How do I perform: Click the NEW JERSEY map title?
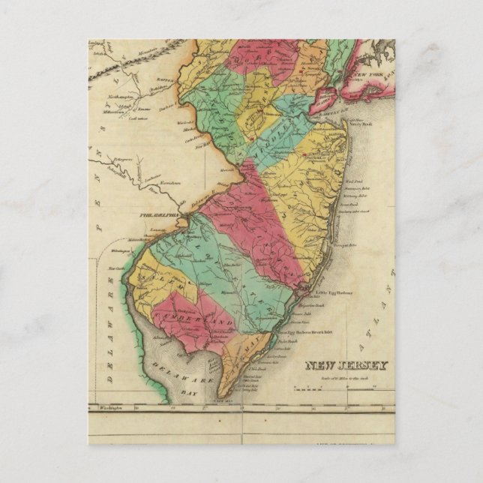(x=346, y=366)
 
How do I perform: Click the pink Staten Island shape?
(x=328, y=94)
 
